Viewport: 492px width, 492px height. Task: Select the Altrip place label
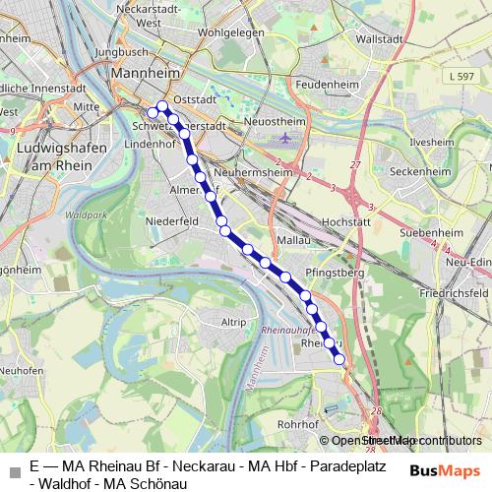[x=234, y=322]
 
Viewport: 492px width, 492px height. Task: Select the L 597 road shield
[x=460, y=76]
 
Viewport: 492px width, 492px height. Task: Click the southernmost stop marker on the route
[x=340, y=360]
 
